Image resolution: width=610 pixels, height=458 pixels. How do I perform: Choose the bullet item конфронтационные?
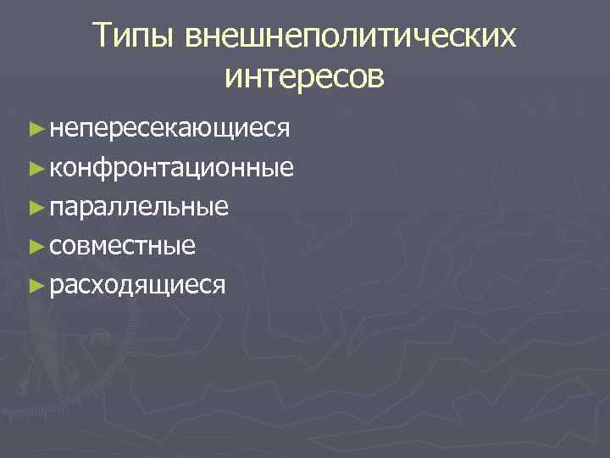pos(172,168)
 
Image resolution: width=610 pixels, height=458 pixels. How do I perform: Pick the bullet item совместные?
pos(123,246)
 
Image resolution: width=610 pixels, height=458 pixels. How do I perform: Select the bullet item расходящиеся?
pos(137,286)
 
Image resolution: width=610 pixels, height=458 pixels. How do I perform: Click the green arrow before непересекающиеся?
pos(35,129)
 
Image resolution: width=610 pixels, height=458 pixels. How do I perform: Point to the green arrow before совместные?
pos(35,246)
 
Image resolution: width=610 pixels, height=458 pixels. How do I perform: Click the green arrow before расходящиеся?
pos(35,285)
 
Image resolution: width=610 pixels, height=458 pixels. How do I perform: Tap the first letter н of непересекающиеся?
pos(56,130)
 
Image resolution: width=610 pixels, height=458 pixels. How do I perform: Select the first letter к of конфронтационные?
pos(55,169)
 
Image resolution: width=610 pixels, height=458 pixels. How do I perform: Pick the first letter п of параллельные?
pos(56,208)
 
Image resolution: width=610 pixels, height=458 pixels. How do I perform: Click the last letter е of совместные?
pos(190,247)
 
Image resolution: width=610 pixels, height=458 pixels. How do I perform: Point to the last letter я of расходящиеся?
pos(219,286)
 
